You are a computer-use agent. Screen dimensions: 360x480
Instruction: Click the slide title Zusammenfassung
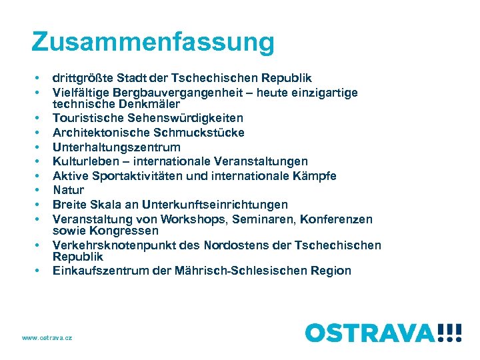click(153, 42)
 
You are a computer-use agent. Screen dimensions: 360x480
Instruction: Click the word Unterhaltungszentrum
click(116, 147)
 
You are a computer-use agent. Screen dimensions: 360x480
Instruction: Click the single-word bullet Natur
click(69, 190)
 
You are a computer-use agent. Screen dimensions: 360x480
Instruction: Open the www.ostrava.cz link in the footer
click(47, 338)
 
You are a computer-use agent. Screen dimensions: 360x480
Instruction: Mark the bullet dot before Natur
click(39, 191)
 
